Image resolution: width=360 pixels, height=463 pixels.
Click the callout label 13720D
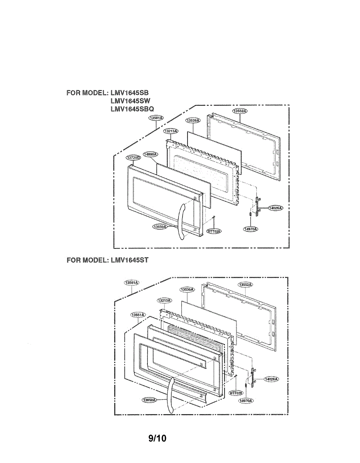[x=133, y=158]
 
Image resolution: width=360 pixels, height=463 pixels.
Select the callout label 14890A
[x=150, y=154]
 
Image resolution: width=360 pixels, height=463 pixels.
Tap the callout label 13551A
[x=137, y=315]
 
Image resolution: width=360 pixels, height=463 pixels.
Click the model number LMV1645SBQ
[x=132, y=109]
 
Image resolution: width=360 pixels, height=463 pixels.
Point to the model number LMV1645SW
[x=130, y=101]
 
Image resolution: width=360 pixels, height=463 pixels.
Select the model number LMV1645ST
[x=129, y=260]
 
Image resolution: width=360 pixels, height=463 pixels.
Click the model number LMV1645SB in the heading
[x=129, y=93]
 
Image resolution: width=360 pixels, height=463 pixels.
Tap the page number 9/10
[x=157, y=439]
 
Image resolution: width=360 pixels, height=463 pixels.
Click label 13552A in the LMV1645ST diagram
[x=245, y=284]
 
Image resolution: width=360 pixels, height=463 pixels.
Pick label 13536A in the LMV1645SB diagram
[x=193, y=121]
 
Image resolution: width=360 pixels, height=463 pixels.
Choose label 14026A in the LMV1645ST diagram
[x=272, y=379]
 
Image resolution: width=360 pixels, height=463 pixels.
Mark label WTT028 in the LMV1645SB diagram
[x=213, y=231]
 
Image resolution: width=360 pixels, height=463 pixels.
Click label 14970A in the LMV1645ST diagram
[x=245, y=401]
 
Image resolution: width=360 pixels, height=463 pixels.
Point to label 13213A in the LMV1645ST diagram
[x=164, y=300]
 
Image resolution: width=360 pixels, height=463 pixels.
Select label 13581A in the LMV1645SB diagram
[x=156, y=118]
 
